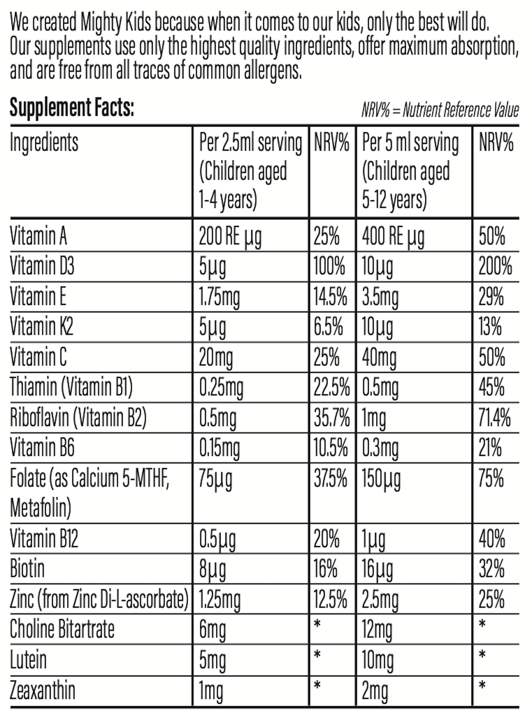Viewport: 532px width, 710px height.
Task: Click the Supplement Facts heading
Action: point(72,108)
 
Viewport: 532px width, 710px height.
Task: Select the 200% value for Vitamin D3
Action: point(495,266)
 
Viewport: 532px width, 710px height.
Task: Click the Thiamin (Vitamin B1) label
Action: point(71,387)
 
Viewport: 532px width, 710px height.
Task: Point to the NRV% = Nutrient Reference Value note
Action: point(440,110)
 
